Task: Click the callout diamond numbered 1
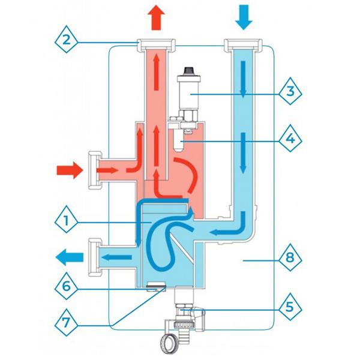pos(68,221)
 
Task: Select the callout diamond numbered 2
pos(68,41)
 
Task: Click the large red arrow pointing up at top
pos(155,14)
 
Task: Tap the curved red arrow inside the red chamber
pos(185,173)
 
